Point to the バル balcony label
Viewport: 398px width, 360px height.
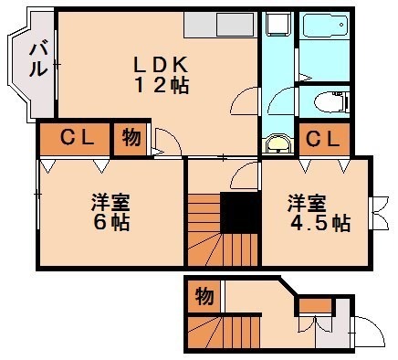(39, 60)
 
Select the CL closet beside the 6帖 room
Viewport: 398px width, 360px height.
(74, 139)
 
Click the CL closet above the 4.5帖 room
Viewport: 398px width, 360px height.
(321, 139)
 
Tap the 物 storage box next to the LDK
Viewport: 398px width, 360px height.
(130, 139)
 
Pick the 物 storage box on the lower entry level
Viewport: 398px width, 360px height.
(203, 296)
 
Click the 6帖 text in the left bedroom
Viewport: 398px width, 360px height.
(110, 222)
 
